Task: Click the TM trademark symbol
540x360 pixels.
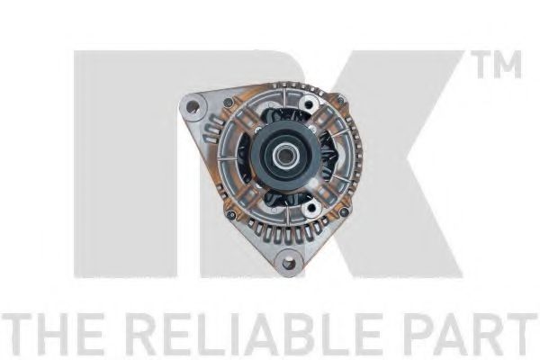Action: pyautogui.click(x=499, y=65)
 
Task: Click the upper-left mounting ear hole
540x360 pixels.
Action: pyautogui.click(x=193, y=104)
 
